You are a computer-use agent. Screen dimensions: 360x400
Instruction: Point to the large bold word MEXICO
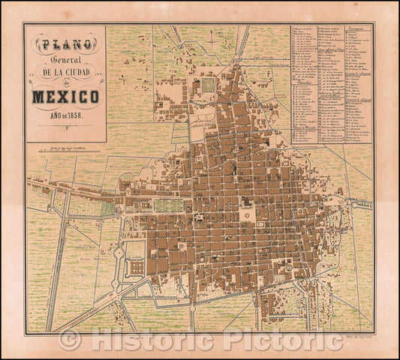pos(65,97)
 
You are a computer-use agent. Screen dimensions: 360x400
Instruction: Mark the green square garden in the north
pos(208,85)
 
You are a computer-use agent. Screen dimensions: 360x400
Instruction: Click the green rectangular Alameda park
pos(168,205)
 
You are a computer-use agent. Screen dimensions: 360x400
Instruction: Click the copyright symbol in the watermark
pos(70,340)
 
